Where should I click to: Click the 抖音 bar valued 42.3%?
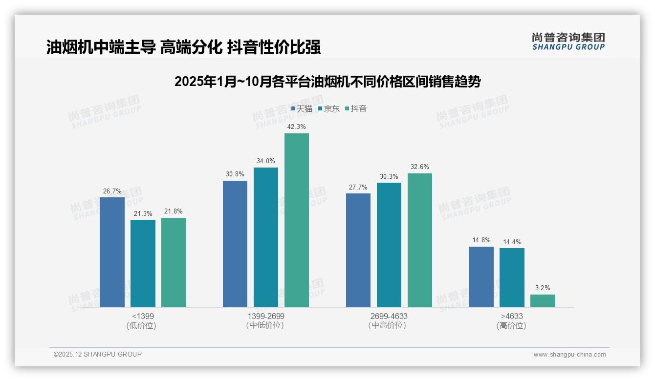tap(297, 220)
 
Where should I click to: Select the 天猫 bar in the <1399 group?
tap(112, 252)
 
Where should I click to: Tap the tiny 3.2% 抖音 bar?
tap(543, 301)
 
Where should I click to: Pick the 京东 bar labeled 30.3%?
tap(389, 245)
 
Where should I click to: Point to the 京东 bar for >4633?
tap(512, 277)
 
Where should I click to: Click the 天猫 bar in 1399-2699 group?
tap(235, 244)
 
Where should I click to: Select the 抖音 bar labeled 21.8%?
tap(174, 262)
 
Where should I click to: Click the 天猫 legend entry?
tap(302, 108)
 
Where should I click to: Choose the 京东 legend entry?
tap(328, 108)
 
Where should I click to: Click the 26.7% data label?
tap(112, 191)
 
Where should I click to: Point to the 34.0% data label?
tap(265, 161)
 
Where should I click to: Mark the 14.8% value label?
tap(481, 240)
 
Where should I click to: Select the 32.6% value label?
tap(420, 167)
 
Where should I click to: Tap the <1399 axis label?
tap(142, 316)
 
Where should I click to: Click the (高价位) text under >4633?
tap(511, 326)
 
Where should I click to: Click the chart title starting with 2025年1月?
tap(327, 82)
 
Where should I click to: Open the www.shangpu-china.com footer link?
tap(569, 355)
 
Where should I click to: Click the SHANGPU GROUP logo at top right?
tap(568, 42)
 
